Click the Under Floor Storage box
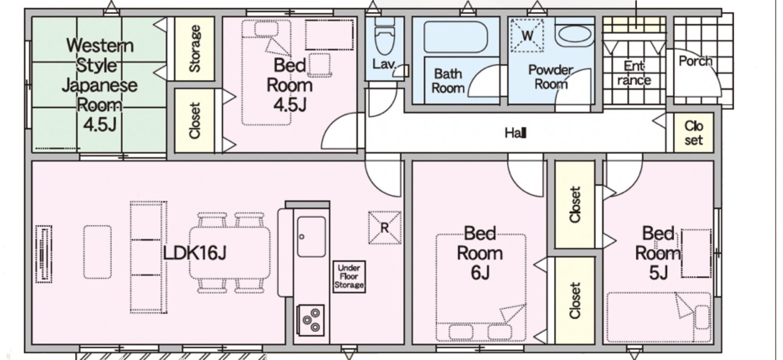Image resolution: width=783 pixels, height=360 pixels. coord(349,277)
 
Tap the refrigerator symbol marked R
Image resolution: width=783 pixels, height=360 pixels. coord(384,228)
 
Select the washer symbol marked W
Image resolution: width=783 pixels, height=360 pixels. coord(527,36)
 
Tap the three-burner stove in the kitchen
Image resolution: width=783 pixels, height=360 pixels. coord(310,320)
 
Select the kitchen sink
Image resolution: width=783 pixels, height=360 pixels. coord(311,237)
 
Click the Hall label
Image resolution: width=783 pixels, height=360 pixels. coord(515,132)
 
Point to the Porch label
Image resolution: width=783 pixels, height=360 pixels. coord(695,61)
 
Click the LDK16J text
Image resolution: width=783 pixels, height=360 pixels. coord(195,253)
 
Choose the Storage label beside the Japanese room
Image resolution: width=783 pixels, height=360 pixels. coord(195,49)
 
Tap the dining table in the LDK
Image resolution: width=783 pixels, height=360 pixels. coord(230,252)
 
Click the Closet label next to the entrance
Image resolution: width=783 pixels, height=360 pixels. coord(694,133)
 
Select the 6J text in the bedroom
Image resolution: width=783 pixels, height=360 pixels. coord(480,273)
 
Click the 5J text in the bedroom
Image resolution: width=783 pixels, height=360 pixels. coord(658,273)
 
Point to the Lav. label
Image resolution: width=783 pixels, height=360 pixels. coord(384,64)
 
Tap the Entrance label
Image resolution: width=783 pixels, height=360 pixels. coord(634,73)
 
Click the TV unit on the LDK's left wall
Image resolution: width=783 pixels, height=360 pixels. coord(44,254)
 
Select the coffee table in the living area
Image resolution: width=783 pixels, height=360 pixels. coord(97,252)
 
